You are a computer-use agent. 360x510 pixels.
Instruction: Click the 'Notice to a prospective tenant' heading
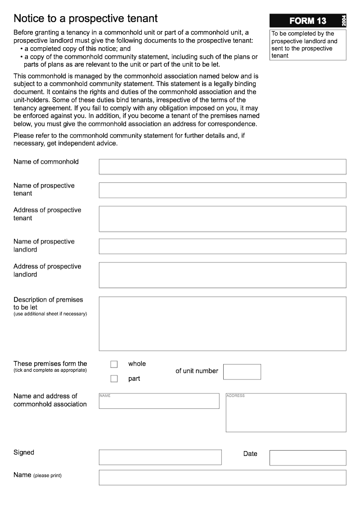click(x=85, y=18)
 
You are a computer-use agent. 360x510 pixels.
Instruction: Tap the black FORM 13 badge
click(x=308, y=21)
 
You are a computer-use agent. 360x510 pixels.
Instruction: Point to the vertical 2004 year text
click(x=344, y=21)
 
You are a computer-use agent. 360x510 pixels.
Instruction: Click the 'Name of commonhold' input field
click(x=222, y=167)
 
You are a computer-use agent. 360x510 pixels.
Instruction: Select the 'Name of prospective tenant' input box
click(x=222, y=190)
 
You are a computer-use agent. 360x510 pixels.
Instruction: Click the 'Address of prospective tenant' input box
click(x=222, y=219)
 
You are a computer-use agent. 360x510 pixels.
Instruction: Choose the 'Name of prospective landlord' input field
click(x=222, y=246)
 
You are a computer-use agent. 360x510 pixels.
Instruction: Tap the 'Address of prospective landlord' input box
click(x=222, y=275)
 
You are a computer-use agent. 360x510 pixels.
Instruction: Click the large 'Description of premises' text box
click(x=222, y=323)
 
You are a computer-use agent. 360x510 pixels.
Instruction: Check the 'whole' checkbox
click(x=114, y=364)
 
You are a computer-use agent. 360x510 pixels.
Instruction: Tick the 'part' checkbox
click(x=114, y=379)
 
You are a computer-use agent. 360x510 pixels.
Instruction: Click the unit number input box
click(x=242, y=372)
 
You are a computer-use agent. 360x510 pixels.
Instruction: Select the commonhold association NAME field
click(x=159, y=401)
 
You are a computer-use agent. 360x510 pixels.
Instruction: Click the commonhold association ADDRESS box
click(x=286, y=413)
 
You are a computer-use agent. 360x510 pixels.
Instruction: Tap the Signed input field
click(x=160, y=457)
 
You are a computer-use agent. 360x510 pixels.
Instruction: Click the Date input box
click(x=308, y=458)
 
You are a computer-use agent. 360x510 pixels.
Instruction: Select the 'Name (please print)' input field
click(x=222, y=478)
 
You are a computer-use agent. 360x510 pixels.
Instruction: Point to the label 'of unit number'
click(x=197, y=371)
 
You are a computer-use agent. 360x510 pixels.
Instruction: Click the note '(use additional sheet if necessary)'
click(x=50, y=314)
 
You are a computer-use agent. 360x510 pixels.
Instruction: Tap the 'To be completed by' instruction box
click(x=308, y=45)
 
